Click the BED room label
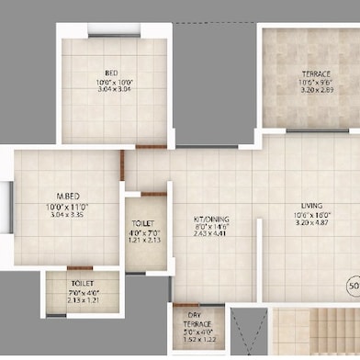(x=110, y=73)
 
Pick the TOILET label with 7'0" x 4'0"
(x=82, y=284)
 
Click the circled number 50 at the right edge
(x=354, y=285)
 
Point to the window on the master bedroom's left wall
(x=9, y=203)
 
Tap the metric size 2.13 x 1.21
(x=82, y=300)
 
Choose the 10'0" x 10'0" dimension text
(x=110, y=82)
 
